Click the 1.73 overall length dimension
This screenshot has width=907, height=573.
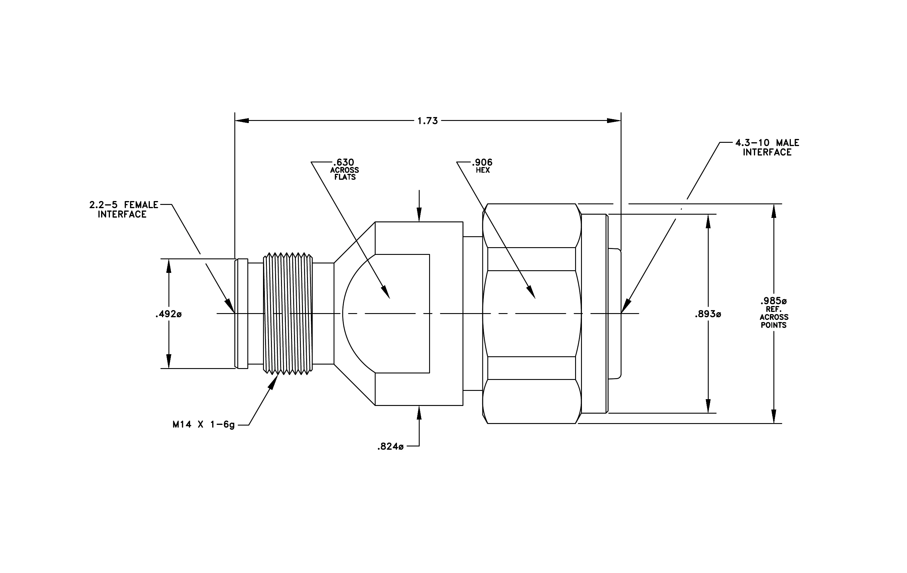pos(428,121)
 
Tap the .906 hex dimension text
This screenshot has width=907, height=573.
pos(482,162)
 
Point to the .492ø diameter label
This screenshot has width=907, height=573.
pos(168,314)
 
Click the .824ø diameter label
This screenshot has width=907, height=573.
pos(390,446)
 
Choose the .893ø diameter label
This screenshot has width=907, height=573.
pos(708,314)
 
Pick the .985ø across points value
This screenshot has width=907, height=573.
pos(773,301)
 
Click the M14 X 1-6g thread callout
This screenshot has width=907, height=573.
pos(203,425)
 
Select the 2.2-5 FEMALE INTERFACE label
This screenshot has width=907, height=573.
pos(123,209)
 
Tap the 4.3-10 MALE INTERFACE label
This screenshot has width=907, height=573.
pos(767,147)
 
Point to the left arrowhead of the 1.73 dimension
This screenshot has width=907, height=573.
pos(242,121)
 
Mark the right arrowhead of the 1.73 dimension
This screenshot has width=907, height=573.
pos(614,121)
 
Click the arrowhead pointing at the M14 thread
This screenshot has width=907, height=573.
pos(274,381)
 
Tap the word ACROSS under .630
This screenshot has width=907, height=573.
pos(345,170)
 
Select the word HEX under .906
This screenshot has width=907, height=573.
pos(483,170)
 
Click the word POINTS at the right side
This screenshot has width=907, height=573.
pos(774,325)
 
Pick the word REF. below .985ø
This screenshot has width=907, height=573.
pos(774,309)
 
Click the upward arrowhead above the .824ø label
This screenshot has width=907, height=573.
pos(419,412)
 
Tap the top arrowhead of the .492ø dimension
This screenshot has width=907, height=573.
pos(169,266)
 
